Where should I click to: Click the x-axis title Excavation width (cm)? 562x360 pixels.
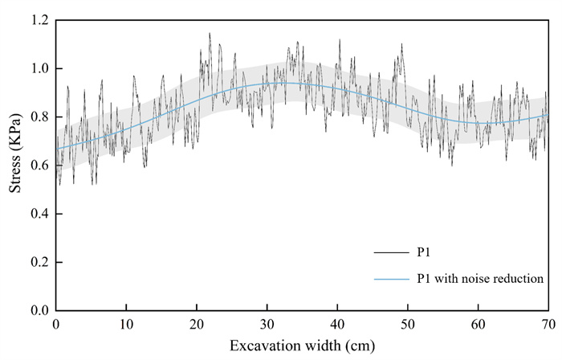tap(302, 346)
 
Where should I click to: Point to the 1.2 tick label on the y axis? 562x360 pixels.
tap(40, 20)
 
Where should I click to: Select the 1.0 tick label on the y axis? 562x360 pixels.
tap(40, 69)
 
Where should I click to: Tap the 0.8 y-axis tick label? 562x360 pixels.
tap(40, 117)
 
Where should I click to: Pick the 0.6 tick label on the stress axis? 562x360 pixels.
tap(40, 166)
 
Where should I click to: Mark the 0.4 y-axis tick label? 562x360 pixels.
tap(40, 214)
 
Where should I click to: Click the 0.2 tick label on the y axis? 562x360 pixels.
tap(40, 262)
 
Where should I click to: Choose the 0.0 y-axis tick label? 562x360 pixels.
tap(40, 310)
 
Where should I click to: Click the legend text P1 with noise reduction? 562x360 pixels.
tap(481, 279)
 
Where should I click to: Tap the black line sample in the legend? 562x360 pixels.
tap(389, 253)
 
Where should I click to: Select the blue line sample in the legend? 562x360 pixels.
tap(389, 279)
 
